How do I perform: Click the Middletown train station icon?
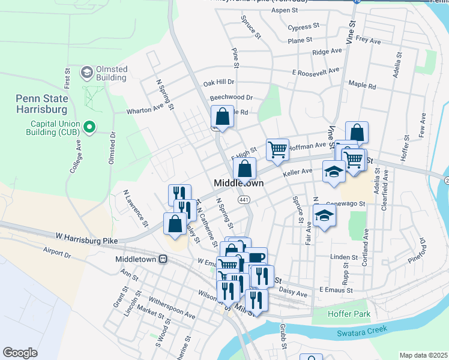pyautogui.click(x=163, y=259)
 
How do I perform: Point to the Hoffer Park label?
pyautogui.click(x=349, y=314)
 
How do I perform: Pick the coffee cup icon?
pyautogui.click(x=256, y=257)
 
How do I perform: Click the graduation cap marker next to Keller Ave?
pyautogui.click(x=334, y=172)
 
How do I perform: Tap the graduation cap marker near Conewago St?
pyautogui.click(x=324, y=215)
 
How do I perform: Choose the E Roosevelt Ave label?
pyautogui.click(x=315, y=71)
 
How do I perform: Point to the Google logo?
pyautogui.click(x=20, y=353)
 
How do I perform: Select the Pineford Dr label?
pyautogui.click(x=415, y=250)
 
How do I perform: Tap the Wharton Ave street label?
pyautogui.click(x=145, y=109)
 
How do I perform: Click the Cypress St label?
pyautogui.click(x=303, y=28)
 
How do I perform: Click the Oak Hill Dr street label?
pyautogui.click(x=218, y=82)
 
